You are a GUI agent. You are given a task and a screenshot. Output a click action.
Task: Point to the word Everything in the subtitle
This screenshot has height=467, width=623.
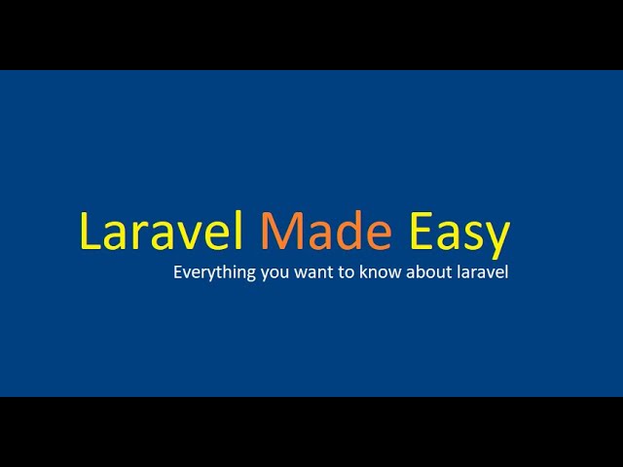pos(214,273)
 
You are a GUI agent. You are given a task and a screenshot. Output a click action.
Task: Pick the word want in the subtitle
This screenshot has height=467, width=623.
pos(310,273)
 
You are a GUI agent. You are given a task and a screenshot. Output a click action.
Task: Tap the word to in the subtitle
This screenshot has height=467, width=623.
pos(343,273)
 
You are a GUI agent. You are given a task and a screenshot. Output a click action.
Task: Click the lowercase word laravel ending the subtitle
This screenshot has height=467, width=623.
pos(482,273)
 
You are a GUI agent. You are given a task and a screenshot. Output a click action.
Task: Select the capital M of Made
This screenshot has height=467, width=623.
pos(278,233)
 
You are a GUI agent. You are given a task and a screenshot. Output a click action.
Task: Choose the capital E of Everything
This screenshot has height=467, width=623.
pos(178,272)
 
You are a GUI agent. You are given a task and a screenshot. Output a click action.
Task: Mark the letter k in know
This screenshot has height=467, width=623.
pos(362,272)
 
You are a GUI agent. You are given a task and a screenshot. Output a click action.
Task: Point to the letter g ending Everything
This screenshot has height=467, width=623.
pos(250,275)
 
